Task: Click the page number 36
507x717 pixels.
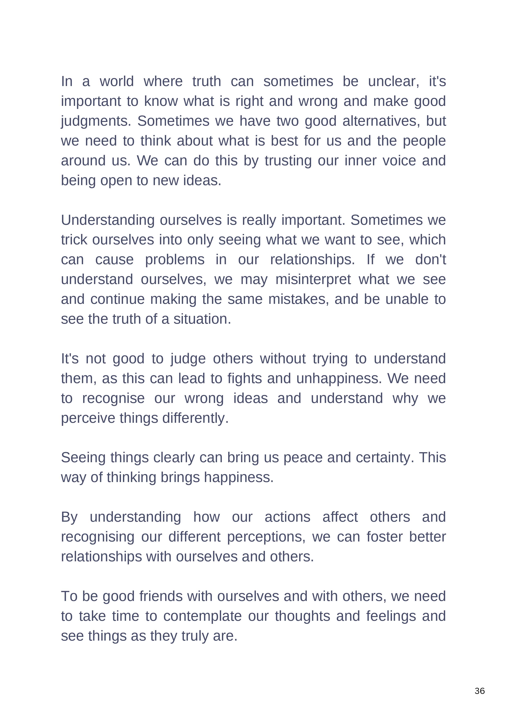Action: pyautogui.click(x=479, y=691)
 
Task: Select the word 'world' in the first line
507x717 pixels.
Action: pyautogui.click(x=116, y=82)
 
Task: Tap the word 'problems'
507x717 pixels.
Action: pyautogui.click(x=175, y=260)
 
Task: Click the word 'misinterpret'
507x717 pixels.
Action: pyautogui.click(x=313, y=280)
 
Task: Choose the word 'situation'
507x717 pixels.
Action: pyautogui.click(x=202, y=319)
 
